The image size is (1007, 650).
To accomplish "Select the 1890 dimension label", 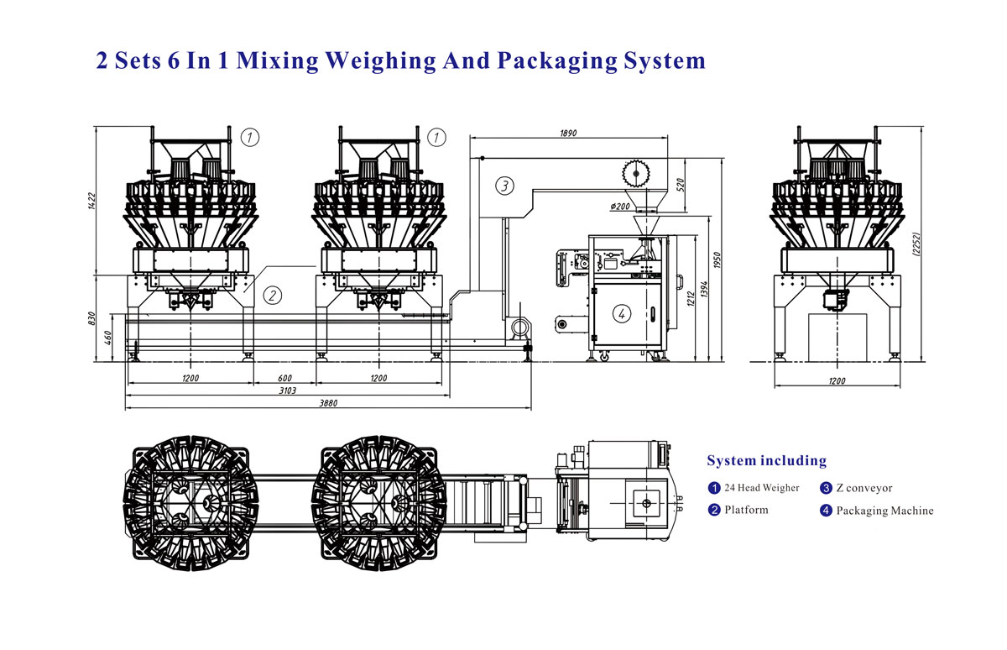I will pos(567,133).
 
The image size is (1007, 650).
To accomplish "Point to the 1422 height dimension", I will pos(91,201).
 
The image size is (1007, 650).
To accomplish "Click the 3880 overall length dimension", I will pos(328,404).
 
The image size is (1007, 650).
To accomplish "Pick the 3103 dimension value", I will pos(288,391).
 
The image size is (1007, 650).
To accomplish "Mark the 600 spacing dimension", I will pos(284,378).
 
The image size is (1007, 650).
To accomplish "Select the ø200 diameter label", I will pos(620,206).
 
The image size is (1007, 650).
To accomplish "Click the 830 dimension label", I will pos(91,319).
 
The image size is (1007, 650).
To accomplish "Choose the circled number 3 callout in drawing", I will pos(503,186).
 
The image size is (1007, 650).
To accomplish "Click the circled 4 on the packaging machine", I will pos(621,314).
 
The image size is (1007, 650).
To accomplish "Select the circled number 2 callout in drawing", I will pos(273,295).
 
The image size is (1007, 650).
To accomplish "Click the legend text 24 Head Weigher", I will pos(761,487).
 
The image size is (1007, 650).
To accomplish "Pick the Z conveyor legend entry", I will pos(864,487).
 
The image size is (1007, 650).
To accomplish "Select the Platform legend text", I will pos(746,510).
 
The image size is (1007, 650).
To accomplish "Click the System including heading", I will pos(766,460).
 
